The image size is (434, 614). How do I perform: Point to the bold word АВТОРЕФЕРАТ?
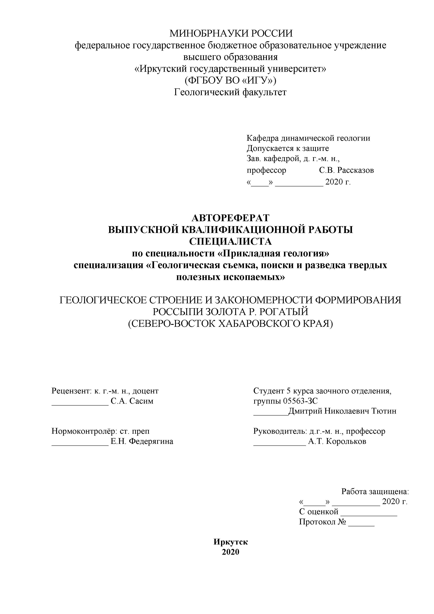coord(230,218)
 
